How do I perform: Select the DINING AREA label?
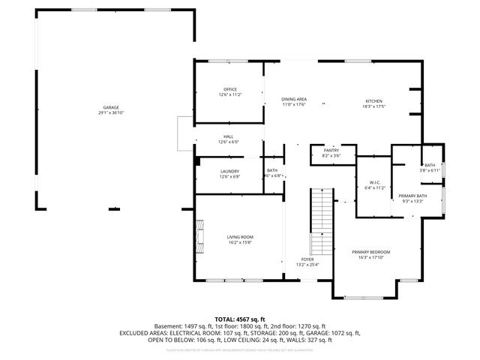coord(293,99)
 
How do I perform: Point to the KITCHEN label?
coord(373,101)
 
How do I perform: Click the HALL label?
coord(229,136)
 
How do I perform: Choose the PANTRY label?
coord(331,150)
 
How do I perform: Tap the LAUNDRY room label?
coord(229,171)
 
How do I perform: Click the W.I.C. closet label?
coord(376,182)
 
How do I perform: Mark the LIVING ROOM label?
coord(240,236)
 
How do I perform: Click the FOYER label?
coord(307,259)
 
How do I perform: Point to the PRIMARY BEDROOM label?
coord(371,251)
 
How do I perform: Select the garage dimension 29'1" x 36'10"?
coord(110,112)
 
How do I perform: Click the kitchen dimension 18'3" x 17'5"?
coord(373,106)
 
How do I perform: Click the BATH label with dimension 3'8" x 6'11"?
coord(430,165)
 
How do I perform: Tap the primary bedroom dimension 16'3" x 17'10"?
coord(371,257)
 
